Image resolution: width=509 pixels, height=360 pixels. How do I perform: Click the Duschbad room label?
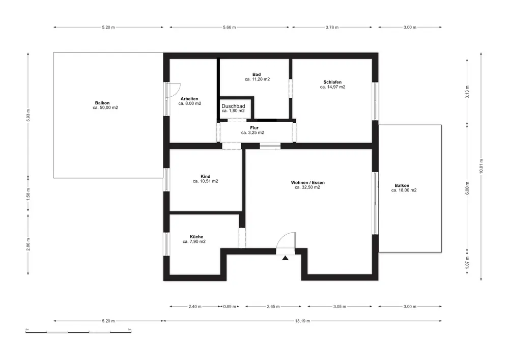click(x=233, y=106)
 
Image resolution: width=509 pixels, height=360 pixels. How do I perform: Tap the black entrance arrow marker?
click(x=285, y=258)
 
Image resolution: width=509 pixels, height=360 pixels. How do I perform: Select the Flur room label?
click(x=254, y=128)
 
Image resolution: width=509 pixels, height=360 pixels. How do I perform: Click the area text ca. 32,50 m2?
click(x=307, y=187)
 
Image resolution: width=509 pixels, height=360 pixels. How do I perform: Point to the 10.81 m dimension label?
click(x=481, y=166)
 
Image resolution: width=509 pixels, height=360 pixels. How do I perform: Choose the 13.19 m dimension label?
click(x=302, y=321)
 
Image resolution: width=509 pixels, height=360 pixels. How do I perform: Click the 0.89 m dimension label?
click(x=230, y=307)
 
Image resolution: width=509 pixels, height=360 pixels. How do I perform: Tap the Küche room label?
click(x=196, y=237)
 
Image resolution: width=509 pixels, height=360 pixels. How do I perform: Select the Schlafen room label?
click(x=332, y=82)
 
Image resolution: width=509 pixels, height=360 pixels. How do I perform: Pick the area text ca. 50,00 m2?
click(x=105, y=108)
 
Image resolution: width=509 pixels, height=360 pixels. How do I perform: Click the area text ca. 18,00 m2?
click(x=404, y=190)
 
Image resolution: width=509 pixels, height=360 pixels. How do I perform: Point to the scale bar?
click(x=78, y=332)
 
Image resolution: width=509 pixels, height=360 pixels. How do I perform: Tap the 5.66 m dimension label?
click(x=229, y=27)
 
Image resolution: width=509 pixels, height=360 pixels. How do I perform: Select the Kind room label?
click(x=206, y=177)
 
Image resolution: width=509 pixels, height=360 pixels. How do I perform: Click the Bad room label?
click(x=257, y=74)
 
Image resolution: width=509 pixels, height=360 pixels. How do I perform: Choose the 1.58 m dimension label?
click(x=28, y=195)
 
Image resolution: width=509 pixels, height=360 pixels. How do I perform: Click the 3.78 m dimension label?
click(x=332, y=27)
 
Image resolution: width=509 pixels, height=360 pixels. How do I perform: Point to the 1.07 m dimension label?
click(x=467, y=262)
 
